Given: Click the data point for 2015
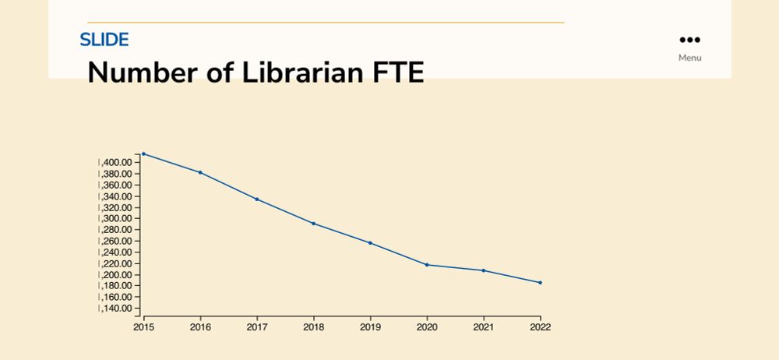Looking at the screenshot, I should pos(143,154).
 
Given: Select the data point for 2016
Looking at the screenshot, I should pos(200,172).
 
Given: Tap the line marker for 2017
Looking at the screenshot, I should pos(257,199).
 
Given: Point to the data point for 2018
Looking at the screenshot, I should pos(313,224).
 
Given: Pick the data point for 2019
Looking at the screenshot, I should pos(370,243).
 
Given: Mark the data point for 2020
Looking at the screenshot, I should pos(427,265).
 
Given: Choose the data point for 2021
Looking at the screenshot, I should pos(484,270).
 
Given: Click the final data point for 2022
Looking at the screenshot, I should pos(540,283).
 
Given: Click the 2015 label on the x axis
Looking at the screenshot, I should pos(143,327).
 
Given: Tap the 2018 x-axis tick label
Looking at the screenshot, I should pos(313,327).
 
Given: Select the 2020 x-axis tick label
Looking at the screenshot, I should pos(427,327).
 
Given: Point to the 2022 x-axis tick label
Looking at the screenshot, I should pos(540,327).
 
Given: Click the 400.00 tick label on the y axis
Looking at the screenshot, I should pos(118,162).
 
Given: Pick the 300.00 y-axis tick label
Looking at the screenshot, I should pos(118,219).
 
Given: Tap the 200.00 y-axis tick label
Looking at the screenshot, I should pos(118,275).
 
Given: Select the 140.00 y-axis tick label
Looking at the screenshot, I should pos(118,309).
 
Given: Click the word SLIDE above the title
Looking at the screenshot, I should pos(104,40).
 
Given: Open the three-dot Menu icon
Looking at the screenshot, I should pos(689,41).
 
